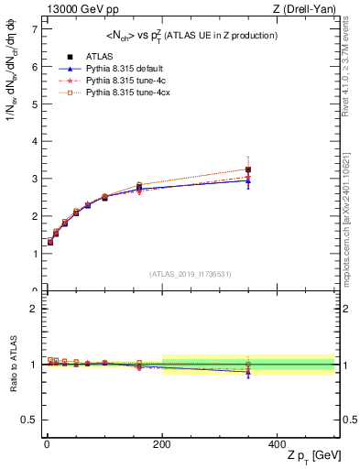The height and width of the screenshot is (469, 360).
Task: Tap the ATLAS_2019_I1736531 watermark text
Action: point(191,274)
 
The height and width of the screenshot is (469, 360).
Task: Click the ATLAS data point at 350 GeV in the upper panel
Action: point(248,169)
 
